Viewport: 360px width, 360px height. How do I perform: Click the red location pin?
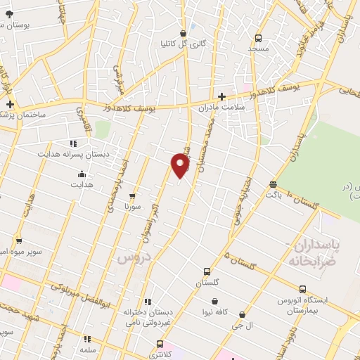pos(181,167)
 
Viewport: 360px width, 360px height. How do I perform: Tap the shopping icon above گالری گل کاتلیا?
pos(183,32)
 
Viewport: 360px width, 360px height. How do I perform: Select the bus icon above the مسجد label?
pos(258,38)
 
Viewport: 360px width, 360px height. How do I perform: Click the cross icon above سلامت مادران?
pos(221,96)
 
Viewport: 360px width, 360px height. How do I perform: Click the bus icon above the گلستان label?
pos(207,271)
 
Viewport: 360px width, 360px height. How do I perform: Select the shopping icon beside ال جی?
pos(243,315)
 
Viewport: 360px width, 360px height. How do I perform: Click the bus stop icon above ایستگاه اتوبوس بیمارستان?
pos(302,289)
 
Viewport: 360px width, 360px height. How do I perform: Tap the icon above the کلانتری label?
pos(160,344)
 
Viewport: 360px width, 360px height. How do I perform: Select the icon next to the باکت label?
pos(273,184)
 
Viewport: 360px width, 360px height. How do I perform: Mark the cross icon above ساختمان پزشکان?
pos(10,104)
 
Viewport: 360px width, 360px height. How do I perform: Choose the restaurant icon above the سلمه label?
pos(87,339)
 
